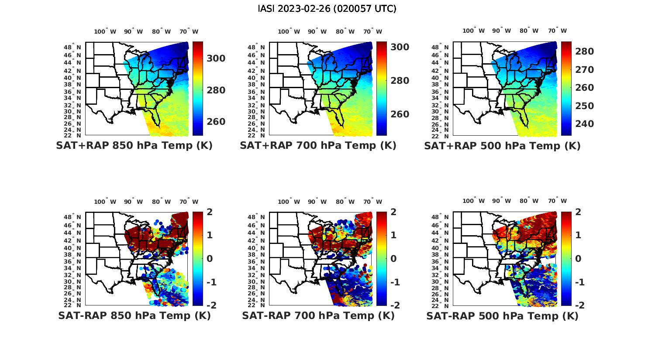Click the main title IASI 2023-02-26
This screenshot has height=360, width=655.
[x=327, y=9]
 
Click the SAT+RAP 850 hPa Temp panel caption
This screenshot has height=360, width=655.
[x=134, y=146]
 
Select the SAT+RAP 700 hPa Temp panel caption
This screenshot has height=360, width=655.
[x=318, y=146]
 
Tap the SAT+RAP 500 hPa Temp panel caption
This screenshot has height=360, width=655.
[x=502, y=146]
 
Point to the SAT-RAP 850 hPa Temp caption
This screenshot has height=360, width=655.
[x=134, y=315]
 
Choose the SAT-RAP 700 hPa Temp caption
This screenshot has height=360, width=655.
[x=318, y=315]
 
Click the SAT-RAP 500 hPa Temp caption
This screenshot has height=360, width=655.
[x=502, y=315]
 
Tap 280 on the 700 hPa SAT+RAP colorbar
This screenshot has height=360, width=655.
[x=400, y=81]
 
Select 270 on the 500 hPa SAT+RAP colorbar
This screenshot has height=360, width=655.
[x=584, y=70]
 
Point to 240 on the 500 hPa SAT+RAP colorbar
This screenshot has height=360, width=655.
[x=584, y=124]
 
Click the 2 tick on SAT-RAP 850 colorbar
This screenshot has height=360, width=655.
[x=210, y=212]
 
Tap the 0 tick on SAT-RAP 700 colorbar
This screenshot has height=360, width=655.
[x=393, y=258]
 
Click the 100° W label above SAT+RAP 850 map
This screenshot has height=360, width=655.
[x=105, y=31]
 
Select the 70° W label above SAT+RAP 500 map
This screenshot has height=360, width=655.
[x=557, y=31]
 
